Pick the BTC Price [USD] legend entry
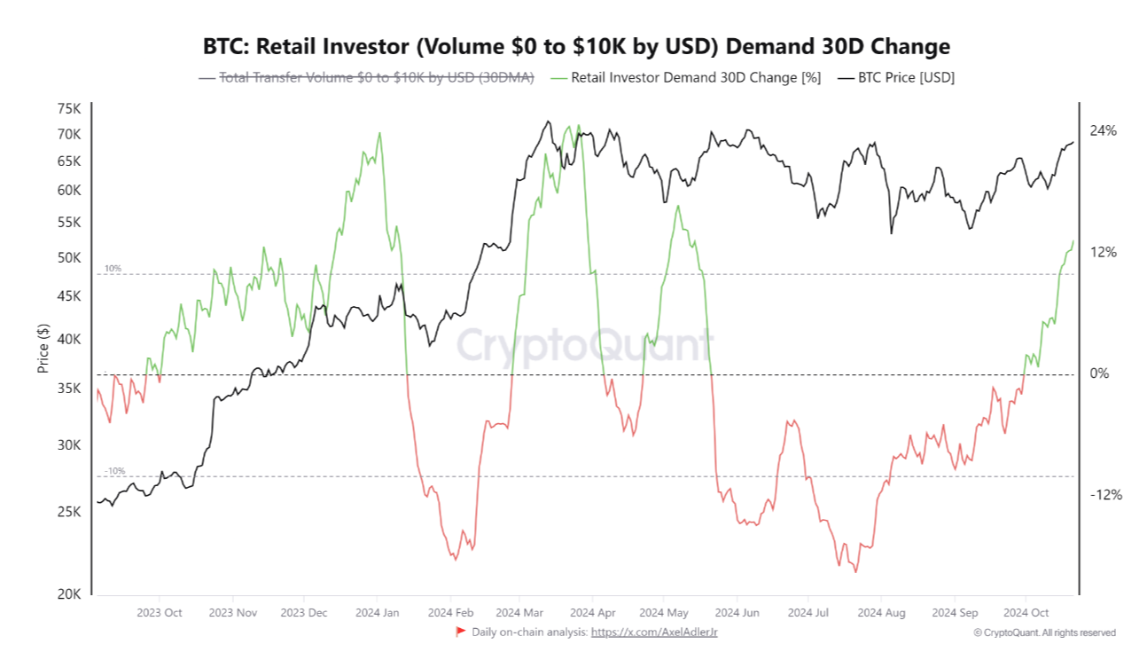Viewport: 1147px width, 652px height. [903, 78]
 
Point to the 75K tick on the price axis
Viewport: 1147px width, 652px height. [69, 109]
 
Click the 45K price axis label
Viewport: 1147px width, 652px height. [69, 295]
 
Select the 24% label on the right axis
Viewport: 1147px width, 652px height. [1103, 131]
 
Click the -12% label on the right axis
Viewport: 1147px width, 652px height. [1105, 495]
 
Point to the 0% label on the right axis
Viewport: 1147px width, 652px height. [1099, 373]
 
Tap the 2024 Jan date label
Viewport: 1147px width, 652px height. [378, 613]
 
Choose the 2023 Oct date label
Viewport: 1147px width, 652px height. [160, 613]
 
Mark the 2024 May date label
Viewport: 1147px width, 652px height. [663, 613]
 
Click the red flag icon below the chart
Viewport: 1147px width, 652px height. [460, 632]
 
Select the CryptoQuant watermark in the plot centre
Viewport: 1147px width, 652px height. [584, 344]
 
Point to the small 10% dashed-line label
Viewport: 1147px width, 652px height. [113, 268]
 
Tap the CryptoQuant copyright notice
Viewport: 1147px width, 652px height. [1044, 632]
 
